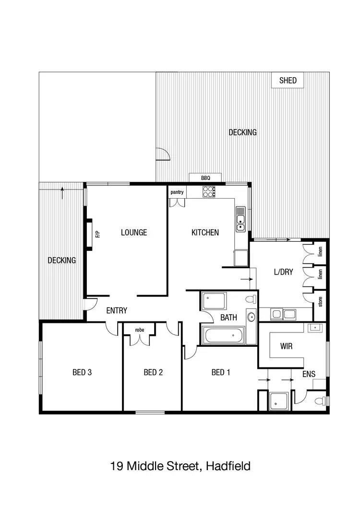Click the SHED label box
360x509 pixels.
[x=288, y=81]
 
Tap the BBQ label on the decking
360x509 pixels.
[x=205, y=178]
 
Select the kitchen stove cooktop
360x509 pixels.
[x=209, y=191]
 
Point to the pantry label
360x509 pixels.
[x=177, y=192]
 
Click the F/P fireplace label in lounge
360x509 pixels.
[x=97, y=234]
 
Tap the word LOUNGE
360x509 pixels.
[x=134, y=232]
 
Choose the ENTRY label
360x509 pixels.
[x=117, y=310]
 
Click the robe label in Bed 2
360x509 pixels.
[x=140, y=330]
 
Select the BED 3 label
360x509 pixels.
[x=82, y=372]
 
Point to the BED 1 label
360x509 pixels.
[x=221, y=372]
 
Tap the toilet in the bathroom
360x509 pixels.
[x=250, y=299]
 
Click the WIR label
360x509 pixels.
[x=287, y=345]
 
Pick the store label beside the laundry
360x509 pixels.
[x=320, y=302]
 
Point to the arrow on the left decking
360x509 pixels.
[x=62, y=193]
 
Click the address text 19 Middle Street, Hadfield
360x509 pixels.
[x=180, y=465]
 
